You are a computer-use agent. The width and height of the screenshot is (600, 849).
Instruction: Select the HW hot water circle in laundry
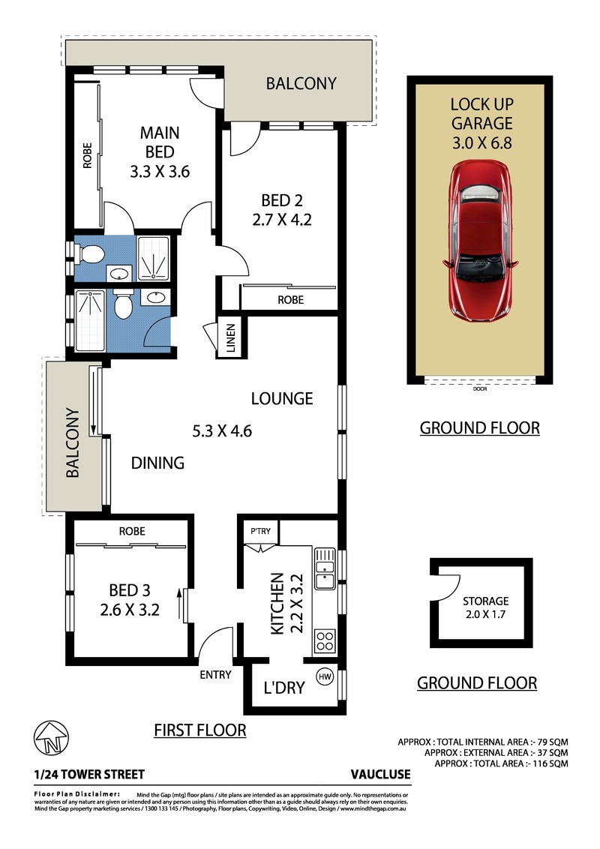325,676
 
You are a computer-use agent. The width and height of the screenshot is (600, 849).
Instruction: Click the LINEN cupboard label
231,337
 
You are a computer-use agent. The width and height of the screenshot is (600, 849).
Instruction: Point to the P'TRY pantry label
260,531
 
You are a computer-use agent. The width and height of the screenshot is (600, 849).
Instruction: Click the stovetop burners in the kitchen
325,641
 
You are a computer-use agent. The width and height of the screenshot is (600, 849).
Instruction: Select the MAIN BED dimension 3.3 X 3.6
160,172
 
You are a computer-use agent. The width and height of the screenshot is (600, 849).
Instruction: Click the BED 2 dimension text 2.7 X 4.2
281,220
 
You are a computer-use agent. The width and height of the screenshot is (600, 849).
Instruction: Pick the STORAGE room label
486,601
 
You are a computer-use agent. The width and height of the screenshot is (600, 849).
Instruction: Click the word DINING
157,463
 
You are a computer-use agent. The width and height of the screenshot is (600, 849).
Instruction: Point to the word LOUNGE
282,398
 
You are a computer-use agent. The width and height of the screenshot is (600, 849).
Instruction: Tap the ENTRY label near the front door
215,675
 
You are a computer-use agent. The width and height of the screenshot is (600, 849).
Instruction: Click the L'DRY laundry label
284,688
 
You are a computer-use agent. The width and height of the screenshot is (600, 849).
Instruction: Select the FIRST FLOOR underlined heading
199,730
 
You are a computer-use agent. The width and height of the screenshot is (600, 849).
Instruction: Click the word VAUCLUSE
381,774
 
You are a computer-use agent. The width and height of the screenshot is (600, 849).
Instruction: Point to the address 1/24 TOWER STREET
89,774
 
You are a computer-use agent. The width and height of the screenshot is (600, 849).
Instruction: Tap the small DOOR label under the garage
480,388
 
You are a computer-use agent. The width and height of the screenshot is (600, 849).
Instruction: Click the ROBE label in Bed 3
132,531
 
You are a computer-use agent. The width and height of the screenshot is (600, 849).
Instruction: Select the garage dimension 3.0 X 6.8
482,143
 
